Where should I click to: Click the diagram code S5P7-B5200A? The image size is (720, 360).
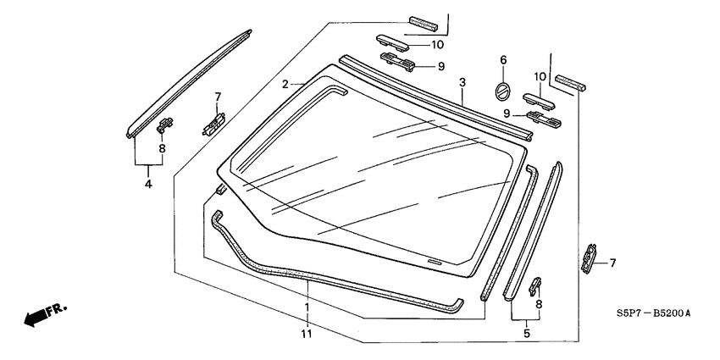(x=653, y=313)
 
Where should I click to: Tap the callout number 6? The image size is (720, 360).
(x=502, y=60)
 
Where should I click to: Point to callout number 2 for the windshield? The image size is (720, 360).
(x=286, y=84)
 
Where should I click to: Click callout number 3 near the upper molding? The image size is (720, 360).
(x=462, y=83)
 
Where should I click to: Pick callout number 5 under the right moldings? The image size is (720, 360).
(x=527, y=334)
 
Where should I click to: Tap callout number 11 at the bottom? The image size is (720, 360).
(x=307, y=335)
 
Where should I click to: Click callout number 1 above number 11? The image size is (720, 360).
(x=307, y=306)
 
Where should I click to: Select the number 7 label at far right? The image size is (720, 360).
(x=612, y=263)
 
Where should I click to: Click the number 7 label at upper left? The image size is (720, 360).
(x=218, y=97)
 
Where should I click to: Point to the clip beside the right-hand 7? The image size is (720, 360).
(x=587, y=258)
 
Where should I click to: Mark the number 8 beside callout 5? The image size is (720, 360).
(x=540, y=303)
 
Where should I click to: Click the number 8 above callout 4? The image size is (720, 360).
(x=162, y=148)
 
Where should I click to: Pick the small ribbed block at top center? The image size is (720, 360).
(x=421, y=21)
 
